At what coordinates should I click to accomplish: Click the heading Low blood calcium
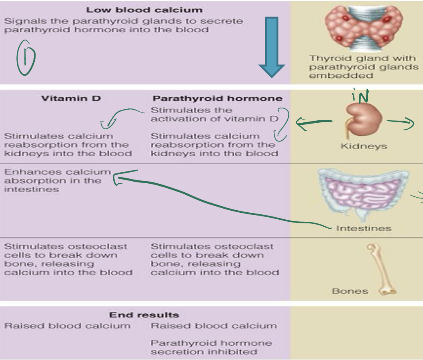pos(144,10)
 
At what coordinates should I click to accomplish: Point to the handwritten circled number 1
pos(26,57)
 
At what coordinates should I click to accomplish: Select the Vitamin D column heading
pos(71,99)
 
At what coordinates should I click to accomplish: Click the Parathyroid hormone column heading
pos(217,99)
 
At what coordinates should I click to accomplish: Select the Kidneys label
pos(364,146)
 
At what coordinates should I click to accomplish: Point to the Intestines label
pos(363,229)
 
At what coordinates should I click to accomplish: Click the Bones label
pos(350,291)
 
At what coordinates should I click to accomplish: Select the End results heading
pos(144,315)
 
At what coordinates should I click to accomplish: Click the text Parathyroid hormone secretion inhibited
pos(211,347)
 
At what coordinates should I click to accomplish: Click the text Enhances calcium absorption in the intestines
pos(57,180)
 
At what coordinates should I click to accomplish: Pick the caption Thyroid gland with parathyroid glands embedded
pos(363,67)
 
